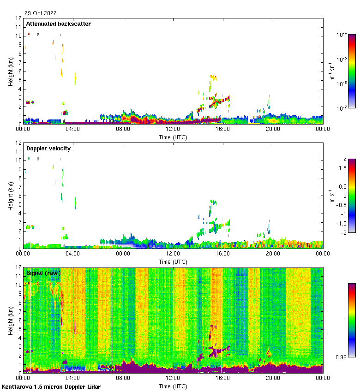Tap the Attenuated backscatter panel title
(58, 24)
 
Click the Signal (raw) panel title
(43, 273)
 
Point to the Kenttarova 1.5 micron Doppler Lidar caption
(51, 386)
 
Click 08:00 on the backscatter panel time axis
(123, 130)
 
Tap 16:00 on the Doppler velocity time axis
(223, 254)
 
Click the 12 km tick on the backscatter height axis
(19, 18)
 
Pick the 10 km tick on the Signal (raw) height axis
(19, 285)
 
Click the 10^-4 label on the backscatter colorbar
(342, 35)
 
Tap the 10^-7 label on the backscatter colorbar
(342, 108)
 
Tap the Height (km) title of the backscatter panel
(11, 71)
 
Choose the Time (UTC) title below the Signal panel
(173, 386)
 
